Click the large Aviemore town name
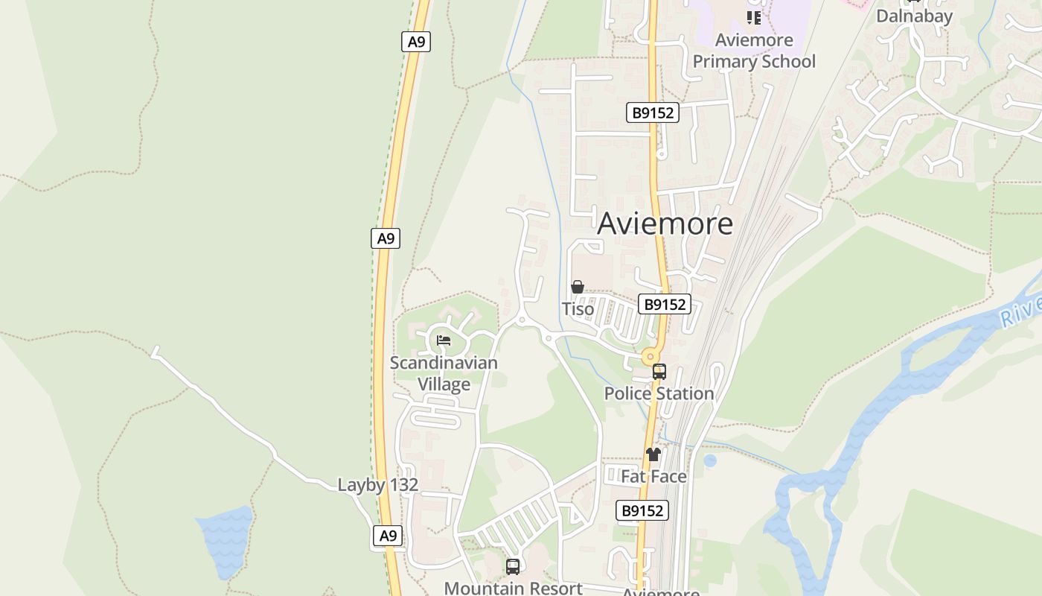[665, 223]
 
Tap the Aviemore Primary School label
[754, 51]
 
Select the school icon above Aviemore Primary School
[754, 17]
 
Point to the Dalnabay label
[914, 16]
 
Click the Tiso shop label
[578, 309]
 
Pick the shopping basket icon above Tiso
[577, 287]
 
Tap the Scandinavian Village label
[444, 373]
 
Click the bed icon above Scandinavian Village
[444, 340]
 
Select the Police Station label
[659, 393]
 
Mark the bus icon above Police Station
[659, 371]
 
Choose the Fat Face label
[653, 476]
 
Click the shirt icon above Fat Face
[653, 454]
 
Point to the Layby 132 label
[378, 485]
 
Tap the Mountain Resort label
[513, 588]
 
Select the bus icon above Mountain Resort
[513, 566]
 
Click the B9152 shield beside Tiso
[665, 304]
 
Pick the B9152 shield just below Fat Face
[642, 510]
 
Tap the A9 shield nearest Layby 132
[388, 536]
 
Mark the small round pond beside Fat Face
[710, 460]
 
